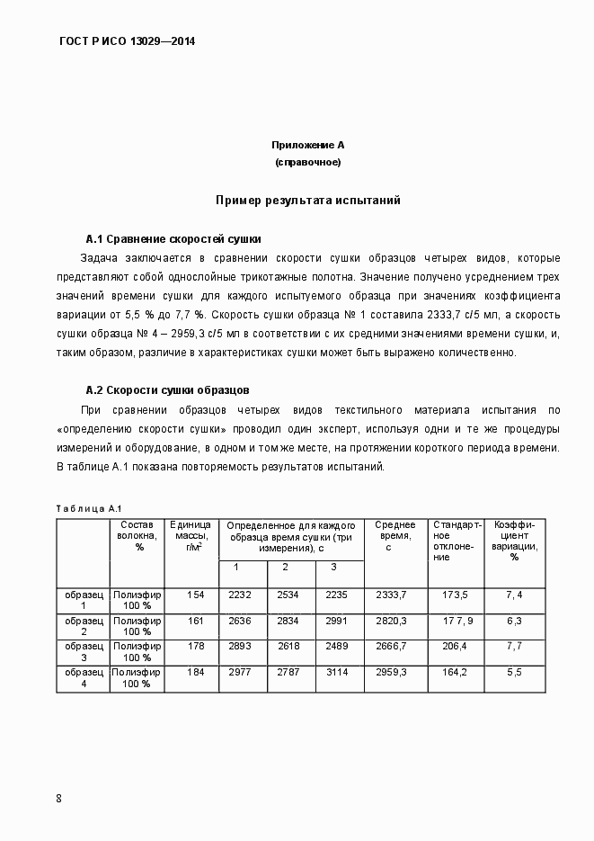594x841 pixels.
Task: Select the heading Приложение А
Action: point(307,145)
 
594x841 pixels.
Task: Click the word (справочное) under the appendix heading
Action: point(307,162)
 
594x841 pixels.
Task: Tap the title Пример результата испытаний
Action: point(307,200)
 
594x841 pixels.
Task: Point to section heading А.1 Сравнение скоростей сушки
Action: point(173,239)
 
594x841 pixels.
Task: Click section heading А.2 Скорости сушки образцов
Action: point(166,390)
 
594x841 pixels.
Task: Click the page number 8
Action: point(58,798)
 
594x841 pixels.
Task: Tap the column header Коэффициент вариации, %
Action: point(514,541)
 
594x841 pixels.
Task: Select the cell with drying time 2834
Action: point(287,620)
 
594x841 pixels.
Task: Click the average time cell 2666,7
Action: point(390,646)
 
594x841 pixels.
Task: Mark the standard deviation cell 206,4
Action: point(455,646)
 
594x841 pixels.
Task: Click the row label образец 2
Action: point(84,626)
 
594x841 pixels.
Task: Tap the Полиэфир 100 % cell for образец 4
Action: point(137,677)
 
